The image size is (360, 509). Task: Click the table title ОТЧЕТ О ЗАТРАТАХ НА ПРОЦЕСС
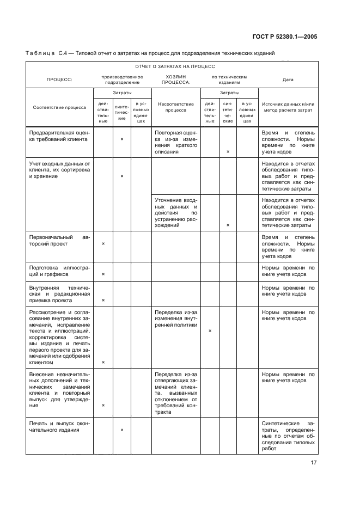click(x=172, y=66)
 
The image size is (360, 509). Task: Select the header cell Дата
click(x=288, y=79)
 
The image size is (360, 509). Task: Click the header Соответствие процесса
click(x=59, y=107)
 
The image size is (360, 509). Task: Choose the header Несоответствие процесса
click(x=175, y=107)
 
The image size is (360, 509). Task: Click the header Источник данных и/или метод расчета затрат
click(x=288, y=107)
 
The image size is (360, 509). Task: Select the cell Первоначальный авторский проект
click(x=59, y=241)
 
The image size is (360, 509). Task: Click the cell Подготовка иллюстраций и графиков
click(x=59, y=271)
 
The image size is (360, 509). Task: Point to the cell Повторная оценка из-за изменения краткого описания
click(x=175, y=142)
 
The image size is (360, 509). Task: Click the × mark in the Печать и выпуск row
click(x=121, y=430)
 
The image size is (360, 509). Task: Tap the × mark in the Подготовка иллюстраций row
click(x=103, y=274)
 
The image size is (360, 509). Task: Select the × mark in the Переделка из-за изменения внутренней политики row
click(x=210, y=330)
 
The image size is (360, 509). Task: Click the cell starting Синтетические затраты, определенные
click(x=288, y=436)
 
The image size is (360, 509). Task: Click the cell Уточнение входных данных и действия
click(x=175, y=212)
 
